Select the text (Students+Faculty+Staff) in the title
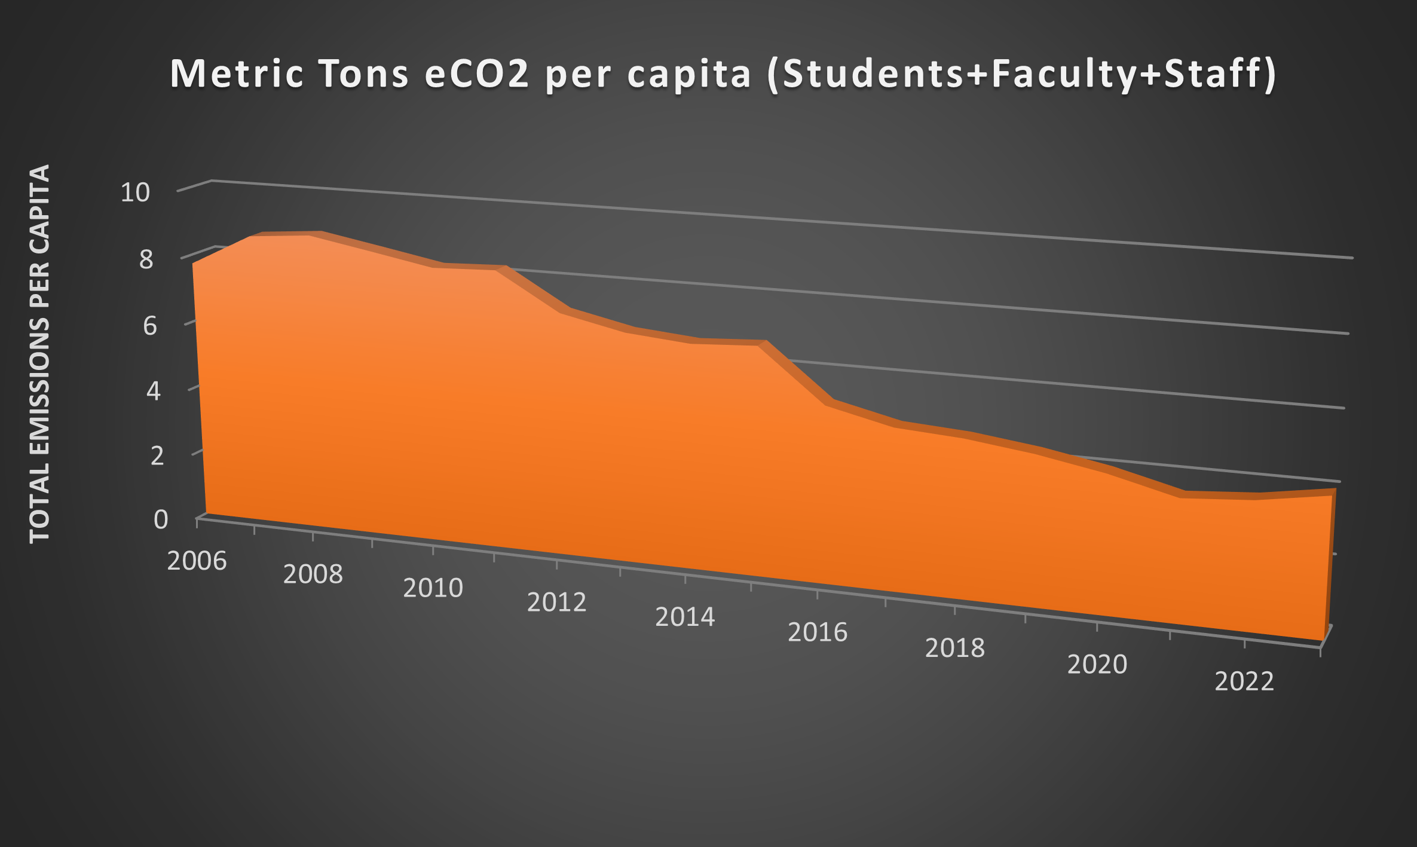point(1021,75)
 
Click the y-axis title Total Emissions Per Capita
point(40,353)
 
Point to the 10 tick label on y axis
point(135,192)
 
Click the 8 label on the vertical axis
point(146,259)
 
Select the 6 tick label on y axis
point(149,326)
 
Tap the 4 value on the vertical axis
point(153,392)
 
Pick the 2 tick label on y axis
point(157,456)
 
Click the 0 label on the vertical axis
point(160,520)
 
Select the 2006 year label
point(197,561)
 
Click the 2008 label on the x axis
point(313,574)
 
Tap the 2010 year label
point(433,588)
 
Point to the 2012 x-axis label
point(556,603)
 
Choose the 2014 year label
point(685,617)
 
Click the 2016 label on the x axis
point(818,632)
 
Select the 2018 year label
point(954,648)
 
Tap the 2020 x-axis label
point(1097,665)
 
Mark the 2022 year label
point(1244,681)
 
